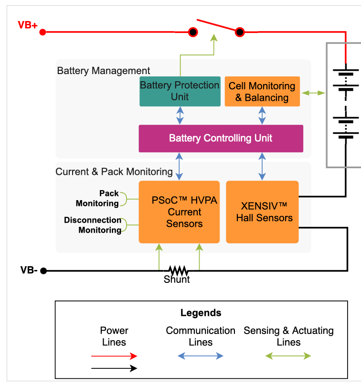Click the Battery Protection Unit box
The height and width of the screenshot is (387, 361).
(x=180, y=91)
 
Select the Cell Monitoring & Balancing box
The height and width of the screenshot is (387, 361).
(x=262, y=92)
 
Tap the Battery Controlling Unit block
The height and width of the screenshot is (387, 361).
(x=221, y=139)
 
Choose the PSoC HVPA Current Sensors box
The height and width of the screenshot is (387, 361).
(x=179, y=212)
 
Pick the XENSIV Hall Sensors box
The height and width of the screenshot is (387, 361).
(x=262, y=212)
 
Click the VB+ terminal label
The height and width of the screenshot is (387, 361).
(x=28, y=25)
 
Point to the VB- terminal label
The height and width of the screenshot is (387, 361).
(x=29, y=270)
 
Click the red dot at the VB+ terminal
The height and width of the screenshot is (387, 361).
(x=42, y=32)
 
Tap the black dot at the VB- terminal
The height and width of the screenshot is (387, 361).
(x=43, y=271)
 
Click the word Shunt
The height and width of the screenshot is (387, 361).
(x=177, y=280)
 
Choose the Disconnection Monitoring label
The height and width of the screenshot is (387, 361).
(x=93, y=225)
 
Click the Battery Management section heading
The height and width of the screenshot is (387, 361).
(x=104, y=71)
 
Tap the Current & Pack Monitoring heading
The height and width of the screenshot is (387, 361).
(x=114, y=172)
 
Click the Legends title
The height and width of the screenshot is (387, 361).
(x=201, y=313)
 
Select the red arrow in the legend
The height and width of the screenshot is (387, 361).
(x=114, y=356)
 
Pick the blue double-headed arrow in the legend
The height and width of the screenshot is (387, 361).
(x=201, y=356)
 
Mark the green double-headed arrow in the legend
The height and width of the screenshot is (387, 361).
(x=288, y=356)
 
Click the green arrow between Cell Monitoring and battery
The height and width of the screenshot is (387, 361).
(x=313, y=92)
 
